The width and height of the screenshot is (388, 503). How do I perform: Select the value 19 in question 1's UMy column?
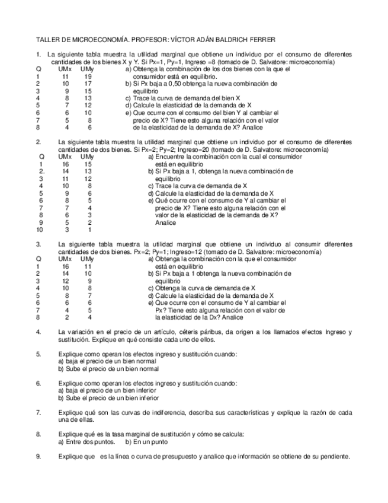click(x=88, y=77)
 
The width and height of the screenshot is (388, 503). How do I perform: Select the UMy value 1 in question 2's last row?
click(x=89, y=230)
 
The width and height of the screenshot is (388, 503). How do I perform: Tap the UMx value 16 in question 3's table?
click(x=65, y=267)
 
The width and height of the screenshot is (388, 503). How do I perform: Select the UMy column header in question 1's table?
click(x=87, y=69)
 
